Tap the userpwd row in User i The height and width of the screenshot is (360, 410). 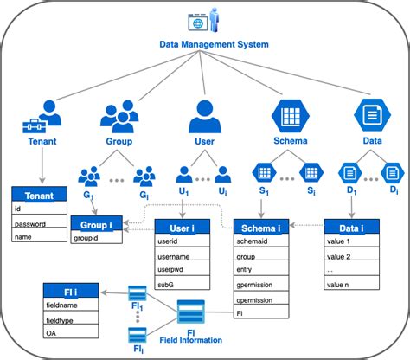pos(181,269)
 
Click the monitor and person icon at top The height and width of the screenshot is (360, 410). pos(202,17)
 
